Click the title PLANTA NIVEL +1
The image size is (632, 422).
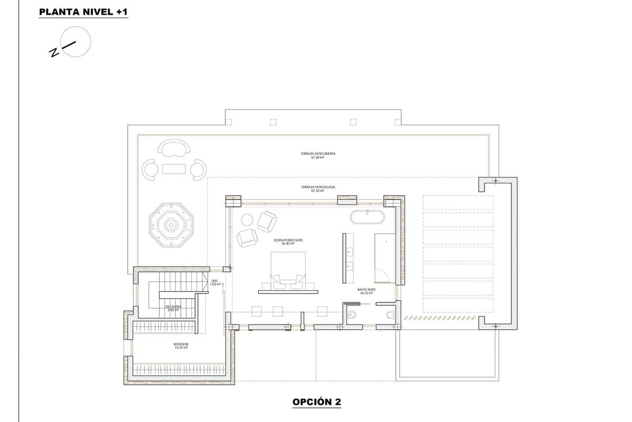(x=83, y=12)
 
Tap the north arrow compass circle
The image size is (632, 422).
(x=76, y=43)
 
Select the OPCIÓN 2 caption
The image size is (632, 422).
(x=317, y=401)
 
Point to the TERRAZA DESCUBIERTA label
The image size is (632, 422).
(x=318, y=154)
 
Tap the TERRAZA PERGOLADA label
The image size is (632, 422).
(x=318, y=188)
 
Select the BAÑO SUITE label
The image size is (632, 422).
(x=367, y=290)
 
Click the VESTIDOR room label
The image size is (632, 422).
(x=181, y=344)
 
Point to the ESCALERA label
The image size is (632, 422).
(x=173, y=307)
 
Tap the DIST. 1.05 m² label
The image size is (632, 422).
(x=215, y=283)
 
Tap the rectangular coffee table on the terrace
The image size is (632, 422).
(x=173, y=169)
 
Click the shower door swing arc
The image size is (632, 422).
(x=382, y=274)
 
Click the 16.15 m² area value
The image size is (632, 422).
(x=367, y=293)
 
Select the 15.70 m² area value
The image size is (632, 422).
(x=181, y=348)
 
